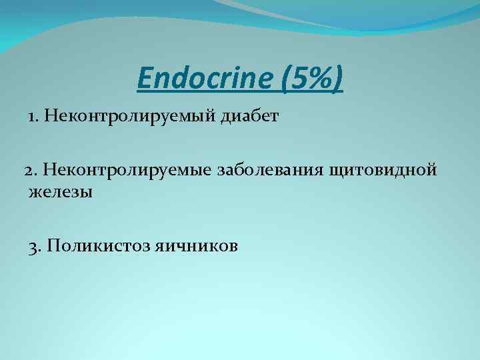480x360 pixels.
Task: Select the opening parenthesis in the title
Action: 287,79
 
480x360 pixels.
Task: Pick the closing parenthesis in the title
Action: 339,79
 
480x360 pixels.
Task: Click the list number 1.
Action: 32,117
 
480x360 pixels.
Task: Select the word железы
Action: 61,193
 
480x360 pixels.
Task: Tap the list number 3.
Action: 34,246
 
